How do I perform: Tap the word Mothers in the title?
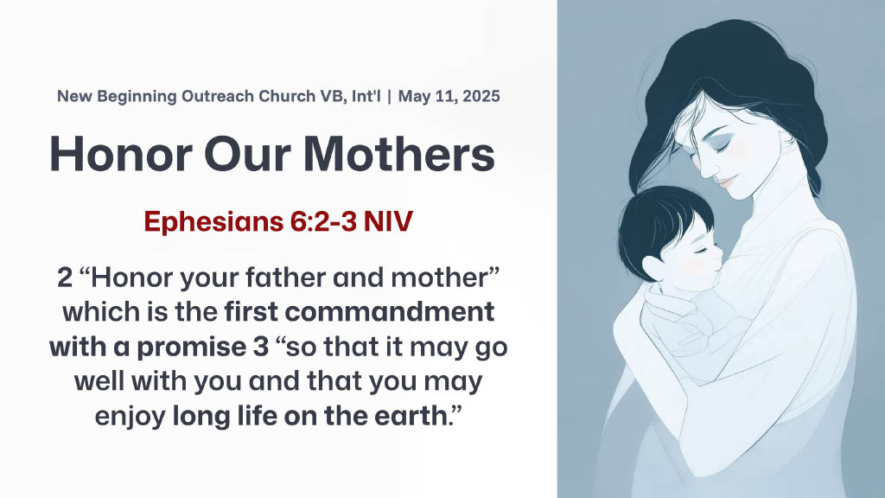click(399, 154)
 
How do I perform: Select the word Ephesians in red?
click(213, 221)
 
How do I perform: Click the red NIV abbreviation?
click(388, 220)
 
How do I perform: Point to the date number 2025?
click(481, 96)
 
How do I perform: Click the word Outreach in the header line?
click(217, 96)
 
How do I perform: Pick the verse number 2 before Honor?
click(65, 278)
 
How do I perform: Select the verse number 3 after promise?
click(261, 348)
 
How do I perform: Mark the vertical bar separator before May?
click(390, 96)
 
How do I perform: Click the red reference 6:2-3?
click(323, 220)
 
